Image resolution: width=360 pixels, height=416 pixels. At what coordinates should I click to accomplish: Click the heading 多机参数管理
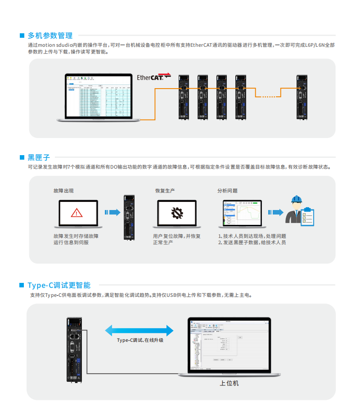(50, 36)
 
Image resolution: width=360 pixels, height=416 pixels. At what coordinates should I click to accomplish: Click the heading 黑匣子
(39, 157)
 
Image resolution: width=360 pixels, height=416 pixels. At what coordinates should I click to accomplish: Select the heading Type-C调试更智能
(59, 285)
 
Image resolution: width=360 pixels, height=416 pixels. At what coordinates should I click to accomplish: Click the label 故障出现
(63, 191)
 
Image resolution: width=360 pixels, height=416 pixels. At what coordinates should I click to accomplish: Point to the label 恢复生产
(165, 191)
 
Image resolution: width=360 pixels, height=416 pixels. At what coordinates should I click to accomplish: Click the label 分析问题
(227, 191)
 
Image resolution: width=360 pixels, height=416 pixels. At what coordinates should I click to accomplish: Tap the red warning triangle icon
(76, 212)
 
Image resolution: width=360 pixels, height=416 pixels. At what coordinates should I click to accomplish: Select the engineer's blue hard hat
(296, 199)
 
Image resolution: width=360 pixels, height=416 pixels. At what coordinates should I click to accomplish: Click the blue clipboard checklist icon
(308, 216)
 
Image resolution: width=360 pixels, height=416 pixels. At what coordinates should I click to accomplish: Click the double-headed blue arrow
(139, 331)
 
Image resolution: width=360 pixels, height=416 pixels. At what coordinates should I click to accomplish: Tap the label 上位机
(229, 383)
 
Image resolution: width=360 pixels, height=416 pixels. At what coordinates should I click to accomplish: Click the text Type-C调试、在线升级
(140, 340)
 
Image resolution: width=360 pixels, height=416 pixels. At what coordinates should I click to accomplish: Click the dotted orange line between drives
(269, 96)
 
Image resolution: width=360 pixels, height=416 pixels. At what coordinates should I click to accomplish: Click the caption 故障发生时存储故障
(76, 236)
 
